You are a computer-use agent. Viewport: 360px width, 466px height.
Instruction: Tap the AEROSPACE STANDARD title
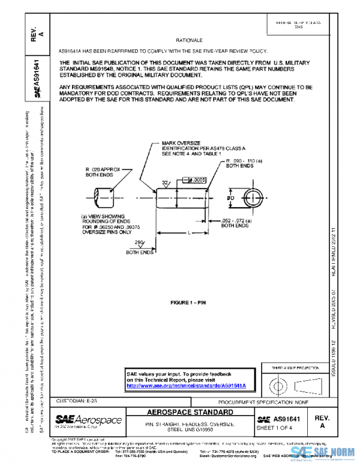[191, 413]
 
